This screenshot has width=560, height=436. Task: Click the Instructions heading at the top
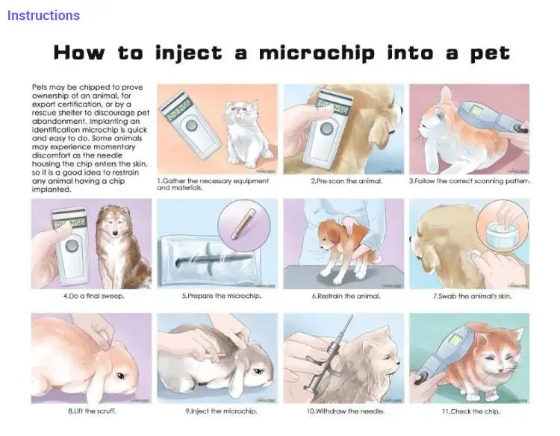point(43,15)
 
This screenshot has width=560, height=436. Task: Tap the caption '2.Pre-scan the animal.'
point(346,181)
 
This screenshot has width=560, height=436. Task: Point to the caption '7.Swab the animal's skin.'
point(473,296)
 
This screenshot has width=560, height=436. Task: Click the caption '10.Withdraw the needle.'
point(344,411)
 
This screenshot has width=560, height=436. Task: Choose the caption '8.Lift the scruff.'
point(91,411)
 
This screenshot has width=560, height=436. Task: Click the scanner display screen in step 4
point(68,225)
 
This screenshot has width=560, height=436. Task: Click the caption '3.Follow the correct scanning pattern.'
point(470,181)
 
